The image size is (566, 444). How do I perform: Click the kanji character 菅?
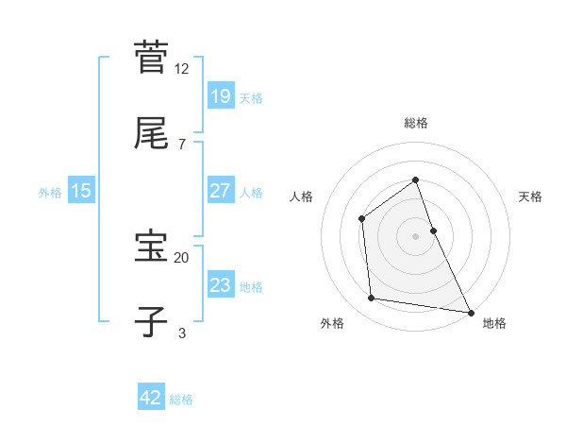pyautogui.click(x=152, y=57)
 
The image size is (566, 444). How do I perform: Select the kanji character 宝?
pyautogui.click(x=152, y=248)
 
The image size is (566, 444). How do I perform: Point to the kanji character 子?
pyautogui.click(x=152, y=322)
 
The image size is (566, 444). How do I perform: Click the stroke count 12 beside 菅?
pyautogui.click(x=182, y=68)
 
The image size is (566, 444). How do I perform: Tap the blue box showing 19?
pyautogui.click(x=220, y=95)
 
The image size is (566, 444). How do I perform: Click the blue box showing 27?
pyautogui.click(x=220, y=191)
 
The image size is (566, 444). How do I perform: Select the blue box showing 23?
pyautogui.click(x=220, y=285)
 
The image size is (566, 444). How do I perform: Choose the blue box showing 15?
pyautogui.click(x=81, y=191)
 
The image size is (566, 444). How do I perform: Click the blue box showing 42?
pyautogui.click(x=151, y=398)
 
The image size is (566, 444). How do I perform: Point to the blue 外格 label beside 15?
pyautogui.click(x=50, y=192)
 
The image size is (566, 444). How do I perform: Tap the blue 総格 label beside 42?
pyautogui.click(x=181, y=399)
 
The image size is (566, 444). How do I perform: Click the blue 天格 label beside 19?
pyautogui.click(x=251, y=96)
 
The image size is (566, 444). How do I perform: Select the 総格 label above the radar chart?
pyautogui.click(x=416, y=123)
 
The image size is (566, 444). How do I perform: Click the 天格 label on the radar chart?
pyautogui.click(x=531, y=196)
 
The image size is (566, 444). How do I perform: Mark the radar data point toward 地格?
pyautogui.click(x=470, y=312)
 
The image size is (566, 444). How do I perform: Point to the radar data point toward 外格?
pyautogui.click(x=372, y=299)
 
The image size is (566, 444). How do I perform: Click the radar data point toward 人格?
pyautogui.click(x=361, y=218)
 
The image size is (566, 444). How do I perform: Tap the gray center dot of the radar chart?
pyautogui.click(x=416, y=236)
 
